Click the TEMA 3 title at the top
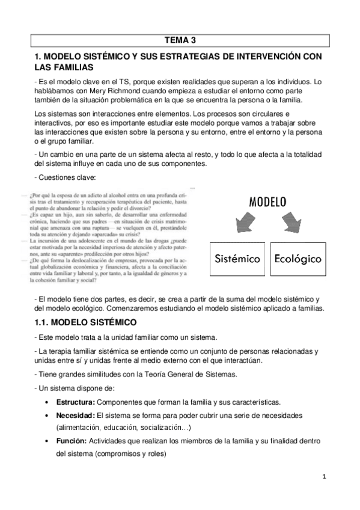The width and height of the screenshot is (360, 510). coord(180,40)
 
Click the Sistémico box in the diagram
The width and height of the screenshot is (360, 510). coord(238,259)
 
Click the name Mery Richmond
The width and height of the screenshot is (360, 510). coord(99,90)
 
